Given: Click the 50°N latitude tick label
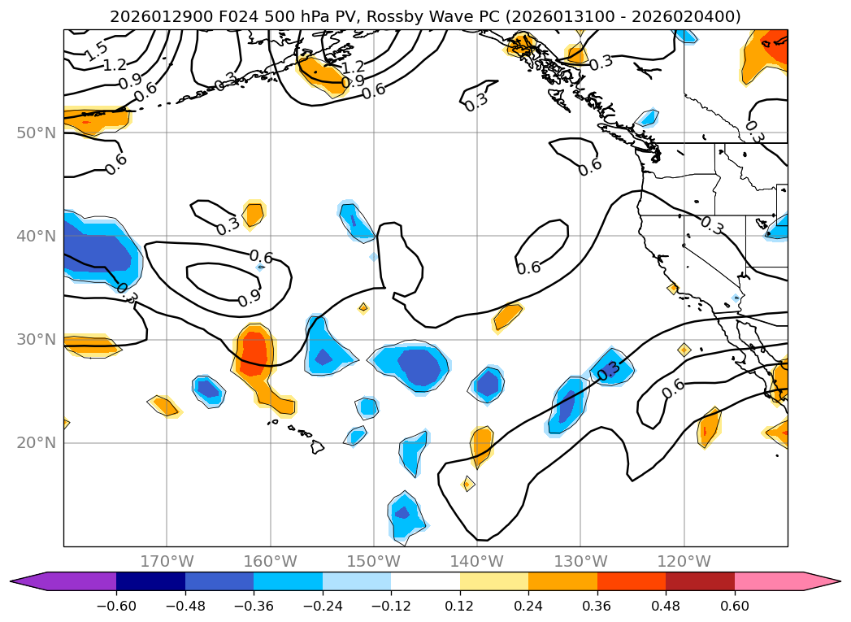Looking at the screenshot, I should click(35, 133).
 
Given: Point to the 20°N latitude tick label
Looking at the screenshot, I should click(35, 443).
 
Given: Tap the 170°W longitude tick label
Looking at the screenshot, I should click(167, 561).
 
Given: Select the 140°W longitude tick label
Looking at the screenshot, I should click(477, 561).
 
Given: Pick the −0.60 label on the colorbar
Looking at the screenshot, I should click(116, 607).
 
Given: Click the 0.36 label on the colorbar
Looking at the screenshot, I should click(597, 607).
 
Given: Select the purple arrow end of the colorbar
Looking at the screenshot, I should click(28, 581).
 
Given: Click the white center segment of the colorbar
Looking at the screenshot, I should click(425, 581).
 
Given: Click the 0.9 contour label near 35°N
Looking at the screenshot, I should click(250, 298).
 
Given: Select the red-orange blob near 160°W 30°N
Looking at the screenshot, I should click(255, 351).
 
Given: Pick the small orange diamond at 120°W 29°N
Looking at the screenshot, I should click(684, 350).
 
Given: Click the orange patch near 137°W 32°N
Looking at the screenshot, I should click(508, 315).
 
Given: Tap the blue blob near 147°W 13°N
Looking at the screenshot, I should click(403, 514).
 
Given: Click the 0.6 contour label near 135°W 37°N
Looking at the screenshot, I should click(528, 268).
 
